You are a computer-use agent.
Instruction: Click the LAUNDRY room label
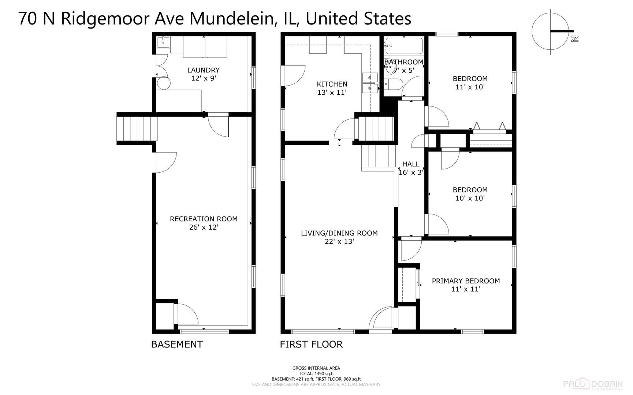point(204,74)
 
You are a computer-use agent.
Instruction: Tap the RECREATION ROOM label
point(204,223)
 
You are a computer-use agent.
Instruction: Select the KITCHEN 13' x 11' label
point(332,88)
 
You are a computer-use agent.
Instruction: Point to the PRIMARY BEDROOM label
point(466,285)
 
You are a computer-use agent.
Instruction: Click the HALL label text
point(411,168)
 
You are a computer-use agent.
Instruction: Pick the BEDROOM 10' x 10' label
point(470,194)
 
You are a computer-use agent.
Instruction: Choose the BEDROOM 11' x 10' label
point(470,83)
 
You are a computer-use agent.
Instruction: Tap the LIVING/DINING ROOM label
point(339,237)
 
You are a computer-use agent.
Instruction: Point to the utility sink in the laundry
point(163,42)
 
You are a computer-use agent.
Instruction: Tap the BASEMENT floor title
point(177,344)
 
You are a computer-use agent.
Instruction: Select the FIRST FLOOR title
point(311,344)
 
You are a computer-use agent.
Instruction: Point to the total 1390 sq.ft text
point(316,373)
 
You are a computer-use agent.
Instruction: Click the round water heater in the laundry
point(164,83)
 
